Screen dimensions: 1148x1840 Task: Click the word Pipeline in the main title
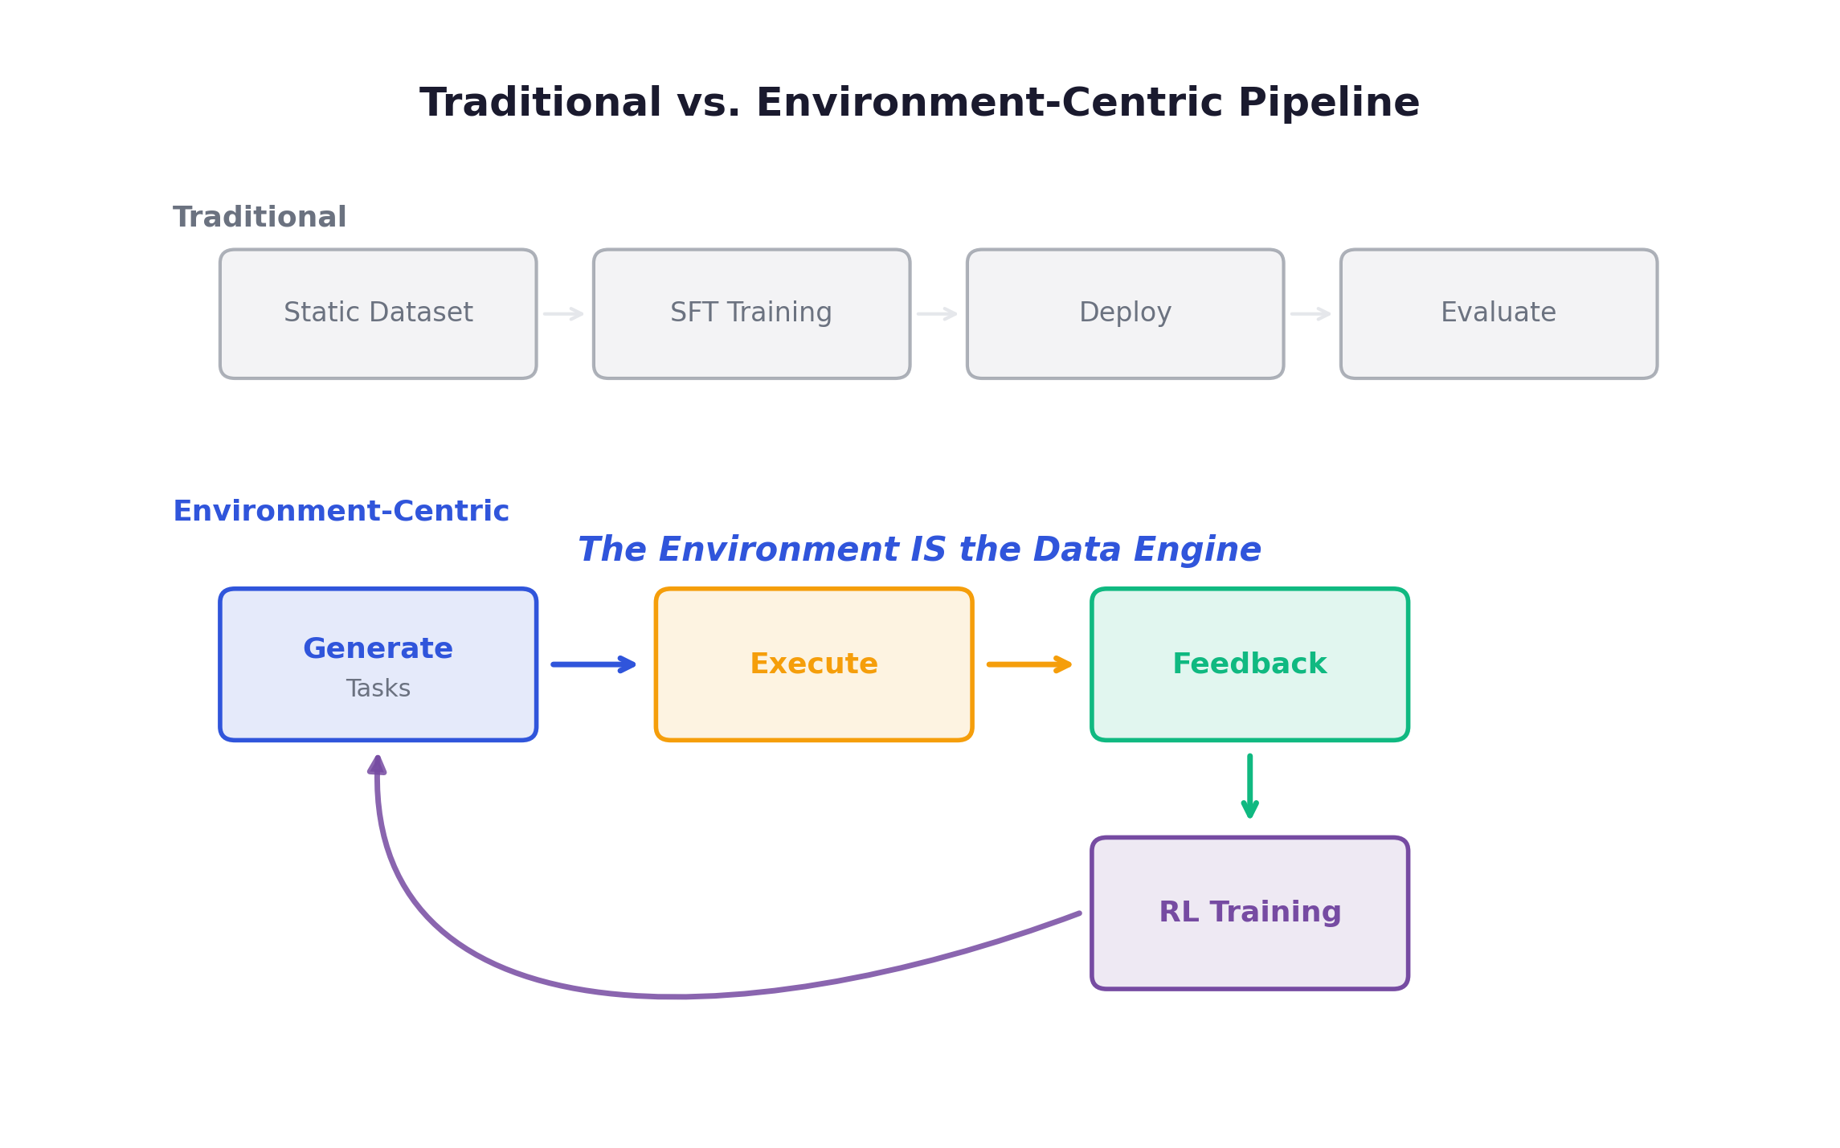coord(1329,103)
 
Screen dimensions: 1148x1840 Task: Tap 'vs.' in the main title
coord(707,103)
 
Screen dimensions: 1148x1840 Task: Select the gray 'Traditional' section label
coord(260,217)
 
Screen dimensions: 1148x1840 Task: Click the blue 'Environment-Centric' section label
coord(341,511)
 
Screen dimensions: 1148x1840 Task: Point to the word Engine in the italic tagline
coord(1196,549)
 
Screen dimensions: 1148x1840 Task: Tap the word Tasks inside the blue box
coord(378,688)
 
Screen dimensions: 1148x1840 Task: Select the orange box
coord(813,664)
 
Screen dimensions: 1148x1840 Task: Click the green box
coord(1249,664)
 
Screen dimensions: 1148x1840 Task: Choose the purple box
coord(1249,913)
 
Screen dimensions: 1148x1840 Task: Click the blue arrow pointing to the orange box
coord(593,664)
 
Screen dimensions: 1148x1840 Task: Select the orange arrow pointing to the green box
coord(1028,664)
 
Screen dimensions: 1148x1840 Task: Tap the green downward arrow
coord(1249,786)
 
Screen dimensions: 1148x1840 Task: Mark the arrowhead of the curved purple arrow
coord(377,766)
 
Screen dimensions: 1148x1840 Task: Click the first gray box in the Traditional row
coord(378,313)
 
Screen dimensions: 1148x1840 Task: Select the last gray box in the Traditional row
coord(1499,313)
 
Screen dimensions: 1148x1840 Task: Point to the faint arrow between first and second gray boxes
coord(563,313)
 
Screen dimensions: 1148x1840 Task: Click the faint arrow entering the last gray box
coord(1310,313)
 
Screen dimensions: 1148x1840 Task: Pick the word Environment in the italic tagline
coord(778,549)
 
